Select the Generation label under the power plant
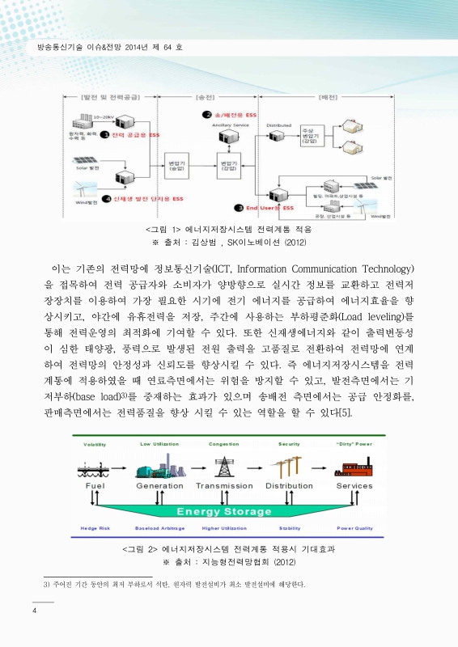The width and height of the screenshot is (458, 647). (x=159, y=486)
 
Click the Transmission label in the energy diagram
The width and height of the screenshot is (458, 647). (x=224, y=486)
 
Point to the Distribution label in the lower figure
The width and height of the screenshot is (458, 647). (x=290, y=486)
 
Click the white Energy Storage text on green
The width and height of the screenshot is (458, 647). (x=223, y=511)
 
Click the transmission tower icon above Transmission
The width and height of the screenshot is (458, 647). (x=224, y=465)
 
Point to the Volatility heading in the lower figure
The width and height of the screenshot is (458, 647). (x=95, y=444)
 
